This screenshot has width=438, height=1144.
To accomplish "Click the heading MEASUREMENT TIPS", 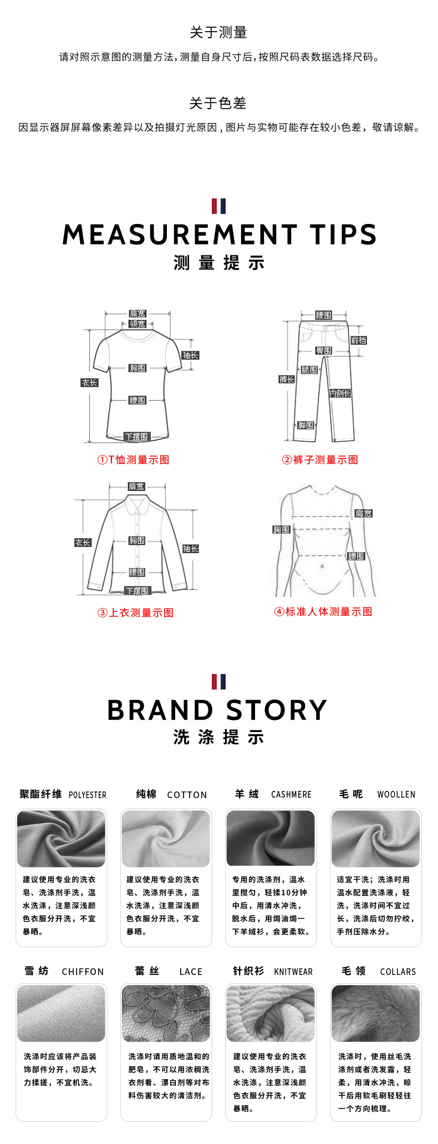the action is (x=220, y=234).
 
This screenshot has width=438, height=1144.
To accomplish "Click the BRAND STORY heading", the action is (x=217, y=710).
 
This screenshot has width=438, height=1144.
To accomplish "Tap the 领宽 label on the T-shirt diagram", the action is (x=137, y=324).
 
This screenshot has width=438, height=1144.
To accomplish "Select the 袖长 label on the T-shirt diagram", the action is (x=190, y=355).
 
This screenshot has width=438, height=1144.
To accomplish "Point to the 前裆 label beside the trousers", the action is (x=359, y=340).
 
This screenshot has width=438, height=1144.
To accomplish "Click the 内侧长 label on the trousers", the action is (x=340, y=393).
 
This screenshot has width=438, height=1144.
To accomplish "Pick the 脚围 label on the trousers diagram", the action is (x=305, y=425).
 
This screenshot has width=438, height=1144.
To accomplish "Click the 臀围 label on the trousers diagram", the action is (x=324, y=350).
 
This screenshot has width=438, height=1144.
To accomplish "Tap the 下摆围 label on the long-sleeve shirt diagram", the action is (x=136, y=591).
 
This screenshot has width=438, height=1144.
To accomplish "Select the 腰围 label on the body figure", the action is (x=356, y=556).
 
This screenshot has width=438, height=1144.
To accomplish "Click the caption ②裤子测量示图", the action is (x=320, y=459).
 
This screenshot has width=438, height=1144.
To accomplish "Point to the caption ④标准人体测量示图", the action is (x=323, y=611).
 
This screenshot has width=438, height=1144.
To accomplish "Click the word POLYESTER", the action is (x=88, y=795).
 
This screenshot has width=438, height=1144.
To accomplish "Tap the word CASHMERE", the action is (x=291, y=794).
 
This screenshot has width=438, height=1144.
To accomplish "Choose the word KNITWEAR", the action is (x=293, y=972).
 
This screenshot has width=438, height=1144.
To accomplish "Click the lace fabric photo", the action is (x=166, y=1013).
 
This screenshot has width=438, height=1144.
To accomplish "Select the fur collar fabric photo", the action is (x=375, y=1013).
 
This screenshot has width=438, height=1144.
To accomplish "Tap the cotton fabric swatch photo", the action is (x=166, y=839).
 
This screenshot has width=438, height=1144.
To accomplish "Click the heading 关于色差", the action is (x=218, y=104).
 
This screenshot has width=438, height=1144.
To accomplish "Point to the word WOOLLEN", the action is (x=396, y=794).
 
